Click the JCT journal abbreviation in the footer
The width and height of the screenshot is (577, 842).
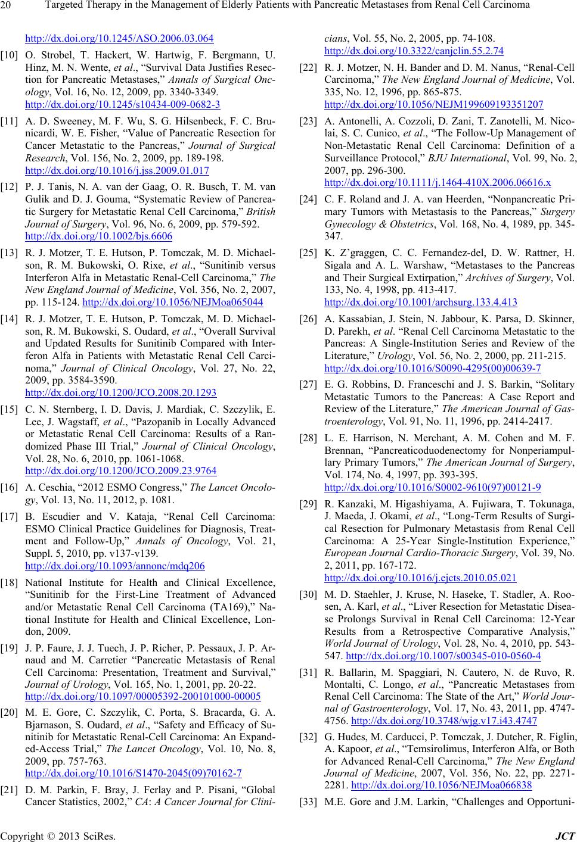coord(563,835)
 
